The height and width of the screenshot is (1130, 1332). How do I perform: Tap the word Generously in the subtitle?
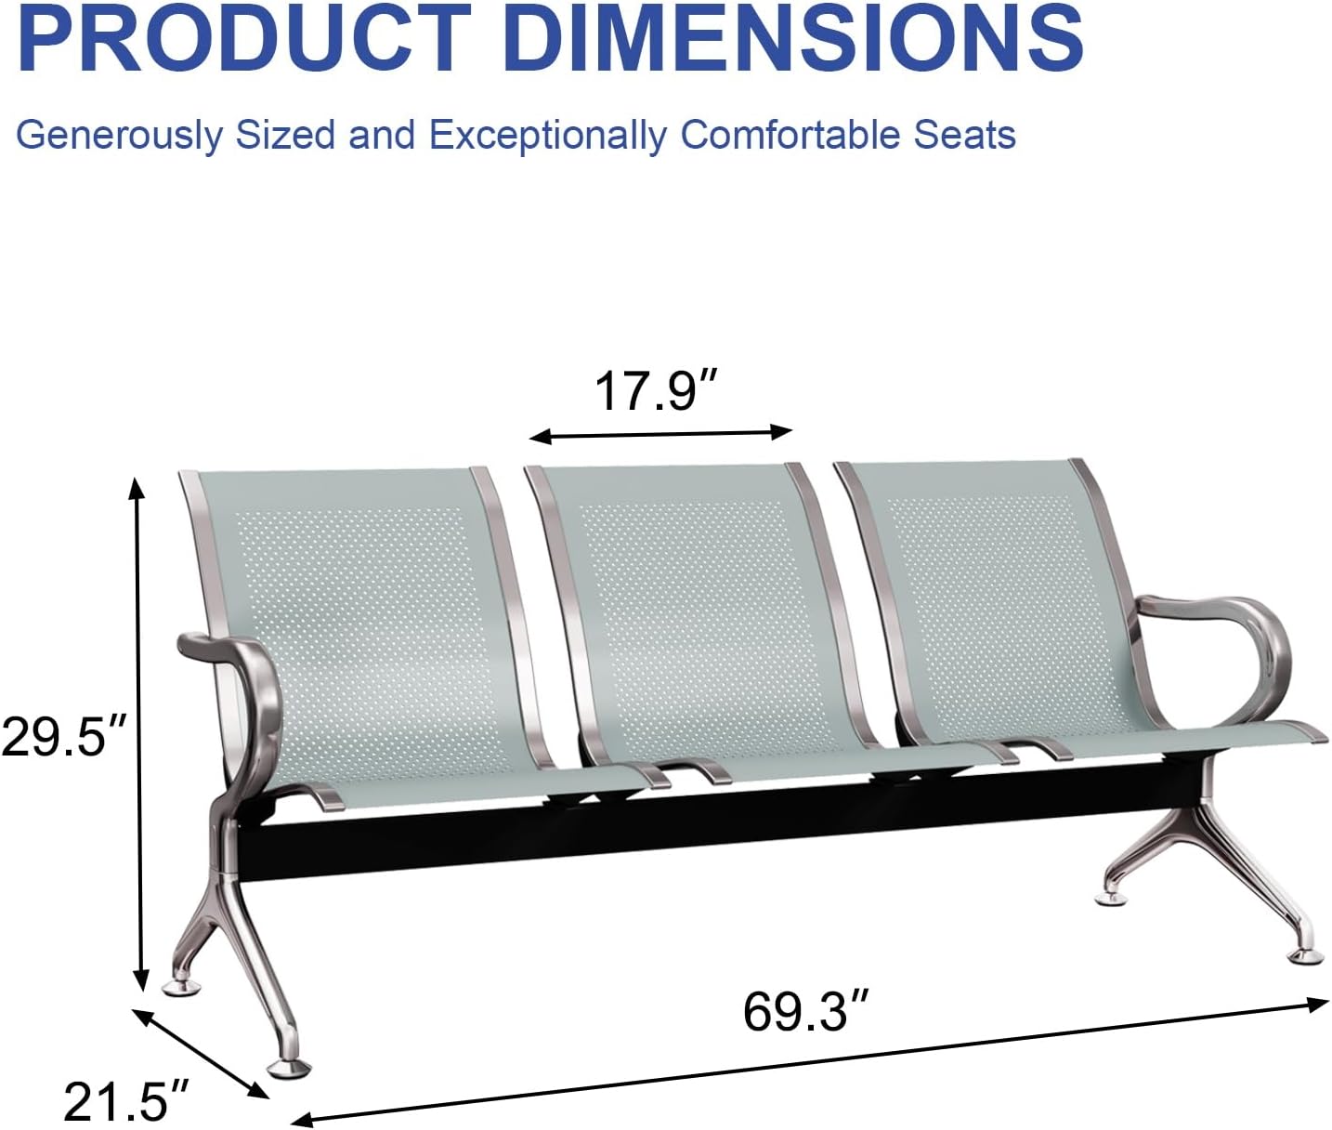(120, 136)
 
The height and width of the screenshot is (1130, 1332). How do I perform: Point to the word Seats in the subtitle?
(964, 136)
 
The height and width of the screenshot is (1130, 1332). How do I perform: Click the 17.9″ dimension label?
(658, 390)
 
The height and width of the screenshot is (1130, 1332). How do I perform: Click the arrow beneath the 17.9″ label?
(660, 433)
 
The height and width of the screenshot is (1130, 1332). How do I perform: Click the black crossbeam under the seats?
(650, 827)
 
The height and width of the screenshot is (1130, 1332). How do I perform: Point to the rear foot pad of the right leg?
(1110, 896)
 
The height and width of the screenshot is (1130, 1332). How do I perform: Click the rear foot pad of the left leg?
(182, 985)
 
